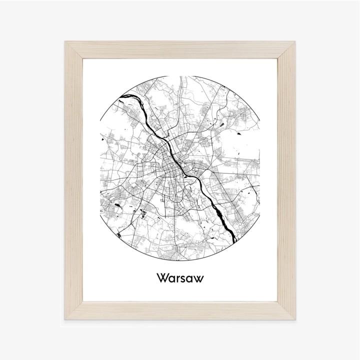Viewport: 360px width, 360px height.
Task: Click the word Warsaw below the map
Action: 179,277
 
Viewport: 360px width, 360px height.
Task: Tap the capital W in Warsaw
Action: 162,277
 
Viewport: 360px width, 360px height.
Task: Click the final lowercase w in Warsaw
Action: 197,278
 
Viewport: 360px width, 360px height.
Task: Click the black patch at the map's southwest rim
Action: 118,232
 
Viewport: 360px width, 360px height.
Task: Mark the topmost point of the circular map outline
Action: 180,76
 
